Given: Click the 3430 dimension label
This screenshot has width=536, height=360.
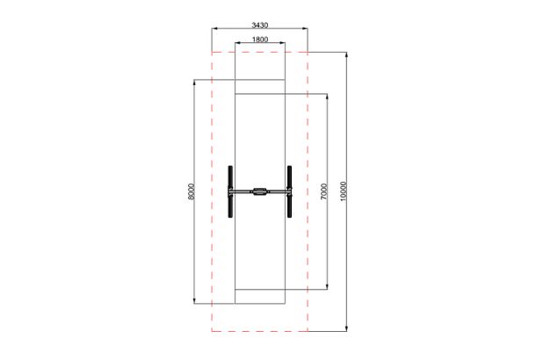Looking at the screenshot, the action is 260,25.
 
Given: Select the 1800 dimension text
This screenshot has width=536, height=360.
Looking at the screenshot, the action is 260,40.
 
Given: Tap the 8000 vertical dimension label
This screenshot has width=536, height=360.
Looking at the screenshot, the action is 191,191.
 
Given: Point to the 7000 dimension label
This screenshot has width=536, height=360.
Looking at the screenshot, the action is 324,191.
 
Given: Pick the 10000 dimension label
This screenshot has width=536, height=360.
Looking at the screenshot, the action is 344,191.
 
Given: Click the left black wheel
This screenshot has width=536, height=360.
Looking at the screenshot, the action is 230,191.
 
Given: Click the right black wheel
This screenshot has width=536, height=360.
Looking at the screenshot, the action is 290,191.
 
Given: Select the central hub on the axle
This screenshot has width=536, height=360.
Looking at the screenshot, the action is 260,191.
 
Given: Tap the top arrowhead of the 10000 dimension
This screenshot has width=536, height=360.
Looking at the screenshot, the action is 346,54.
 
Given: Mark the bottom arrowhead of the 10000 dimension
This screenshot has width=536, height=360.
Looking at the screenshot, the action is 346,328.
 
